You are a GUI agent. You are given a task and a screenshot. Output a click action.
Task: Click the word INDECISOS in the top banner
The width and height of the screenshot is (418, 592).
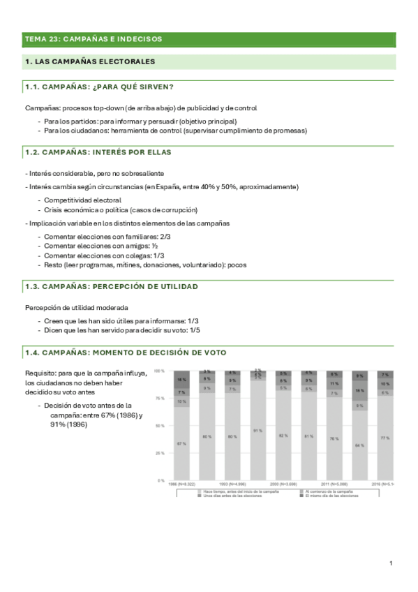140,39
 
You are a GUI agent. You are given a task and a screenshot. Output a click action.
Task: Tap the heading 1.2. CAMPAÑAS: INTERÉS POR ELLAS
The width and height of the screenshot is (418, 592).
98,151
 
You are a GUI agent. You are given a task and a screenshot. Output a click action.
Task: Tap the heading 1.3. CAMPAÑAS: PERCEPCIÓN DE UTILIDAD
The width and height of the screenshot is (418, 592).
111,287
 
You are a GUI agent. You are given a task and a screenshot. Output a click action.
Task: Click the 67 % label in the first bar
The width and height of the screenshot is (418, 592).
181,443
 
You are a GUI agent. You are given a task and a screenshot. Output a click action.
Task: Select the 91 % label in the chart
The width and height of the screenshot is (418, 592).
258,431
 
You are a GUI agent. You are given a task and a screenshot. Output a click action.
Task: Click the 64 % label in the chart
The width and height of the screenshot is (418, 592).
359,445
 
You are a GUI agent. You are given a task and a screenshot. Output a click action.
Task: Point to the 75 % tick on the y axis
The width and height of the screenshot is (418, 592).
159,398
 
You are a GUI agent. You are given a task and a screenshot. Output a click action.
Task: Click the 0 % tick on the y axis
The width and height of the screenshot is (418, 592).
161,480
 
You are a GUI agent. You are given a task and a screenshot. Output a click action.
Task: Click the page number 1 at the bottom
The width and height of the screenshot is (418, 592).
391,563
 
